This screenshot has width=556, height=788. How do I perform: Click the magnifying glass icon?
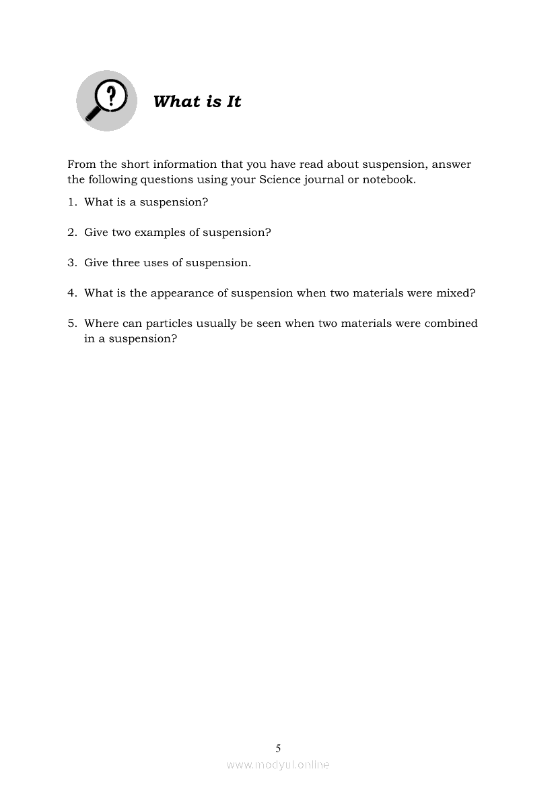[x=106, y=101]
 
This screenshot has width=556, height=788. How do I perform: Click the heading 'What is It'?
[x=197, y=102]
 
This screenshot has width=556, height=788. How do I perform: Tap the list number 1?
[x=71, y=202]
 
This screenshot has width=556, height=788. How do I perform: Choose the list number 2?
[x=71, y=233]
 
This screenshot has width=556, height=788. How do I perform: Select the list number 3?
[x=71, y=263]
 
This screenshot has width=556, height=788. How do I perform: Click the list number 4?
[x=71, y=293]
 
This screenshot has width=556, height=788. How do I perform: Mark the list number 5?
[x=71, y=324]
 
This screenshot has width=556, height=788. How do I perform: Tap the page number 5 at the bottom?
[x=278, y=748]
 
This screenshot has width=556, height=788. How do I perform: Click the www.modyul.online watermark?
[x=278, y=764]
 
